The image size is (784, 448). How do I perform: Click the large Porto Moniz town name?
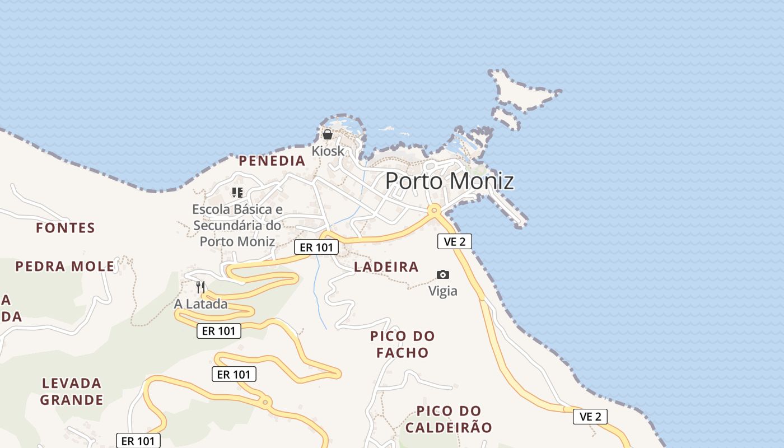pyautogui.click(x=449, y=181)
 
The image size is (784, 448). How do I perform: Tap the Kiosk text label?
pyautogui.click(x=328, y=151)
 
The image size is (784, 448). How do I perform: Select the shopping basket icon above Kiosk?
pyautogui.click(x=328, y=134)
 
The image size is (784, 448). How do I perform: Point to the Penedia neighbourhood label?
pyautogui.click(x=272, y=161)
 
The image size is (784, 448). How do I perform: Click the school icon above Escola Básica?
pyautogui.click(x=237, y=193)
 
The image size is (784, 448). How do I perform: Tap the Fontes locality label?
pyautogui.click(x=66, y=228)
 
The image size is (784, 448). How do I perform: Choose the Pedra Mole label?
pyautogui.click(x=65, y=266)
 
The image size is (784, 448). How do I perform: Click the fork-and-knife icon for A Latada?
pyautogui.click(x=200, y=287)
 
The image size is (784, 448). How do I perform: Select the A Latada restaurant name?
pyautogui.click(x=200, y=304)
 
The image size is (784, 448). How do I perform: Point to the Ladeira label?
pyautogui.click(x=386, y=267)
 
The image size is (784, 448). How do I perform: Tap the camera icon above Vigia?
pyautogui.click(x=443, y=274)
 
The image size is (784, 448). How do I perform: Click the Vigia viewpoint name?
pyautogui.click(x=443, y=291)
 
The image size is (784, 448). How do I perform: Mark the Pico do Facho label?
pyautogui.click(x=402, y=344)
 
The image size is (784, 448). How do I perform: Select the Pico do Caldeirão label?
pyautogui.click(x=449, y=419)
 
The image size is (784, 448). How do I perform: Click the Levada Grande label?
pyautogui.click(x=72, y=391)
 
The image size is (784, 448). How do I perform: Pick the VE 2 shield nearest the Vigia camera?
pyautogui.click(x=454, y=241)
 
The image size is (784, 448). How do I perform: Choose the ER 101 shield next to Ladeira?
pyautogui.click(x=316, y=247)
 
